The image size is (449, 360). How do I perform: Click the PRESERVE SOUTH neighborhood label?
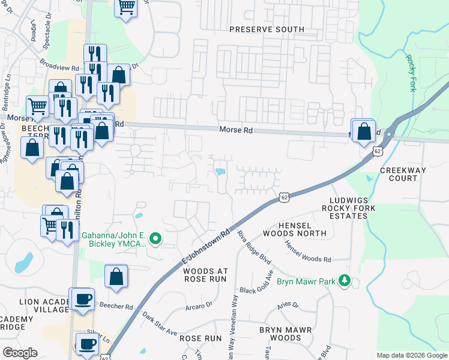(x=266, y=29)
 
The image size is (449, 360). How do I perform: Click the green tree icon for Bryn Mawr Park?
(x=345, y=280)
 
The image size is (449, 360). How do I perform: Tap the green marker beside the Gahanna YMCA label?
(x=155, y=239)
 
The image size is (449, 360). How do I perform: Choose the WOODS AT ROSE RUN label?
(x=204, y=275)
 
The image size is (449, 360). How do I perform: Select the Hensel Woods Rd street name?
(x=309, y=251)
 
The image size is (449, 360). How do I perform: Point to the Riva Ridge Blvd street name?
(x=250, y=248)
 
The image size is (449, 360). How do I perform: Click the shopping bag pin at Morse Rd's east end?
(x=364, y=131)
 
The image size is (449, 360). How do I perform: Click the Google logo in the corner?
(x=20, y=353)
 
